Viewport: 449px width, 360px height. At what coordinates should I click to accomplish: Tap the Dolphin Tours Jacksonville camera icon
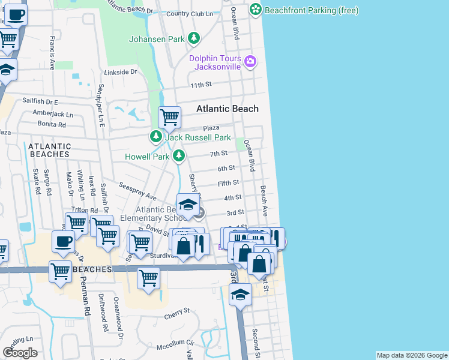250,61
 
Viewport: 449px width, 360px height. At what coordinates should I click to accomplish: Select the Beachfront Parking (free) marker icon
256,10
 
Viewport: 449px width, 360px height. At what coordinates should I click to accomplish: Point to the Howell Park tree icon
178,157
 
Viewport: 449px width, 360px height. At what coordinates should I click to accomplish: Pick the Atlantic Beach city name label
228,109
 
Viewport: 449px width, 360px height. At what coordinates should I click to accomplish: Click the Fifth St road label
228,182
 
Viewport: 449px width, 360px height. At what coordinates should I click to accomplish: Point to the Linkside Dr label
121,71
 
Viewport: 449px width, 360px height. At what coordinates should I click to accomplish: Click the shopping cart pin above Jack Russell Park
170,117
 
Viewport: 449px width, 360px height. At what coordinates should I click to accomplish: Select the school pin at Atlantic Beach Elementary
187,205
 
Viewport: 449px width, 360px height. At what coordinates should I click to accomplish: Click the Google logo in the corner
20,353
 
